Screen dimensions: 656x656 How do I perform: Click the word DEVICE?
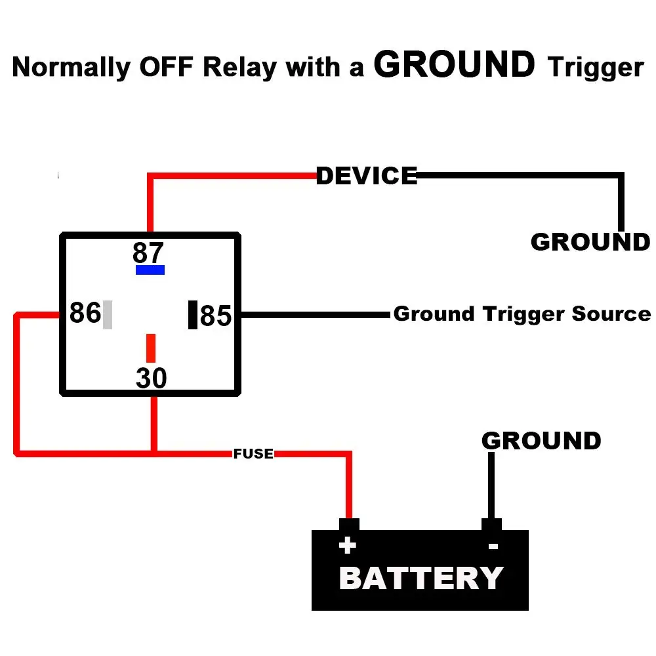click(x=367, y=176)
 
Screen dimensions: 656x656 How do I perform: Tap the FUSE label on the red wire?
click(x=253, y=453)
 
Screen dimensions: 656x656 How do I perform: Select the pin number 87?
click(x=148, y=253)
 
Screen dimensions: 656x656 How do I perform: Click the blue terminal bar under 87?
click(x=150, y=270)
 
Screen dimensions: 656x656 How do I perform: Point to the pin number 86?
click(x=85, y=314)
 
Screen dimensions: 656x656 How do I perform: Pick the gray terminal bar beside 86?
click(x=108, y=314)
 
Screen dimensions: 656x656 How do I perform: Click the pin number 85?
click(x=216, y=316)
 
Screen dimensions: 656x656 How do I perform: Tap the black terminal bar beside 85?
click(x=193, y=314)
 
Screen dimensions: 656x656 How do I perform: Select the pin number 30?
click(x=152, y=379)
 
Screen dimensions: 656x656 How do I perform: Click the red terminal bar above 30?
click(x=151, y=348)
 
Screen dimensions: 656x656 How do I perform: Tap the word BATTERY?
click(x=420, y=579)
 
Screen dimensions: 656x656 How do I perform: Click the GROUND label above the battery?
click(x=541, y=440)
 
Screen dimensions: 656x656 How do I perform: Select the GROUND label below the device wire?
click(x=590, y=242)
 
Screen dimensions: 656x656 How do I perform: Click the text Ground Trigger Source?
click(x=522, y=314)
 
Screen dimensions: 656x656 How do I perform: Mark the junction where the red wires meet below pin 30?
click(x=154, y=452)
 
